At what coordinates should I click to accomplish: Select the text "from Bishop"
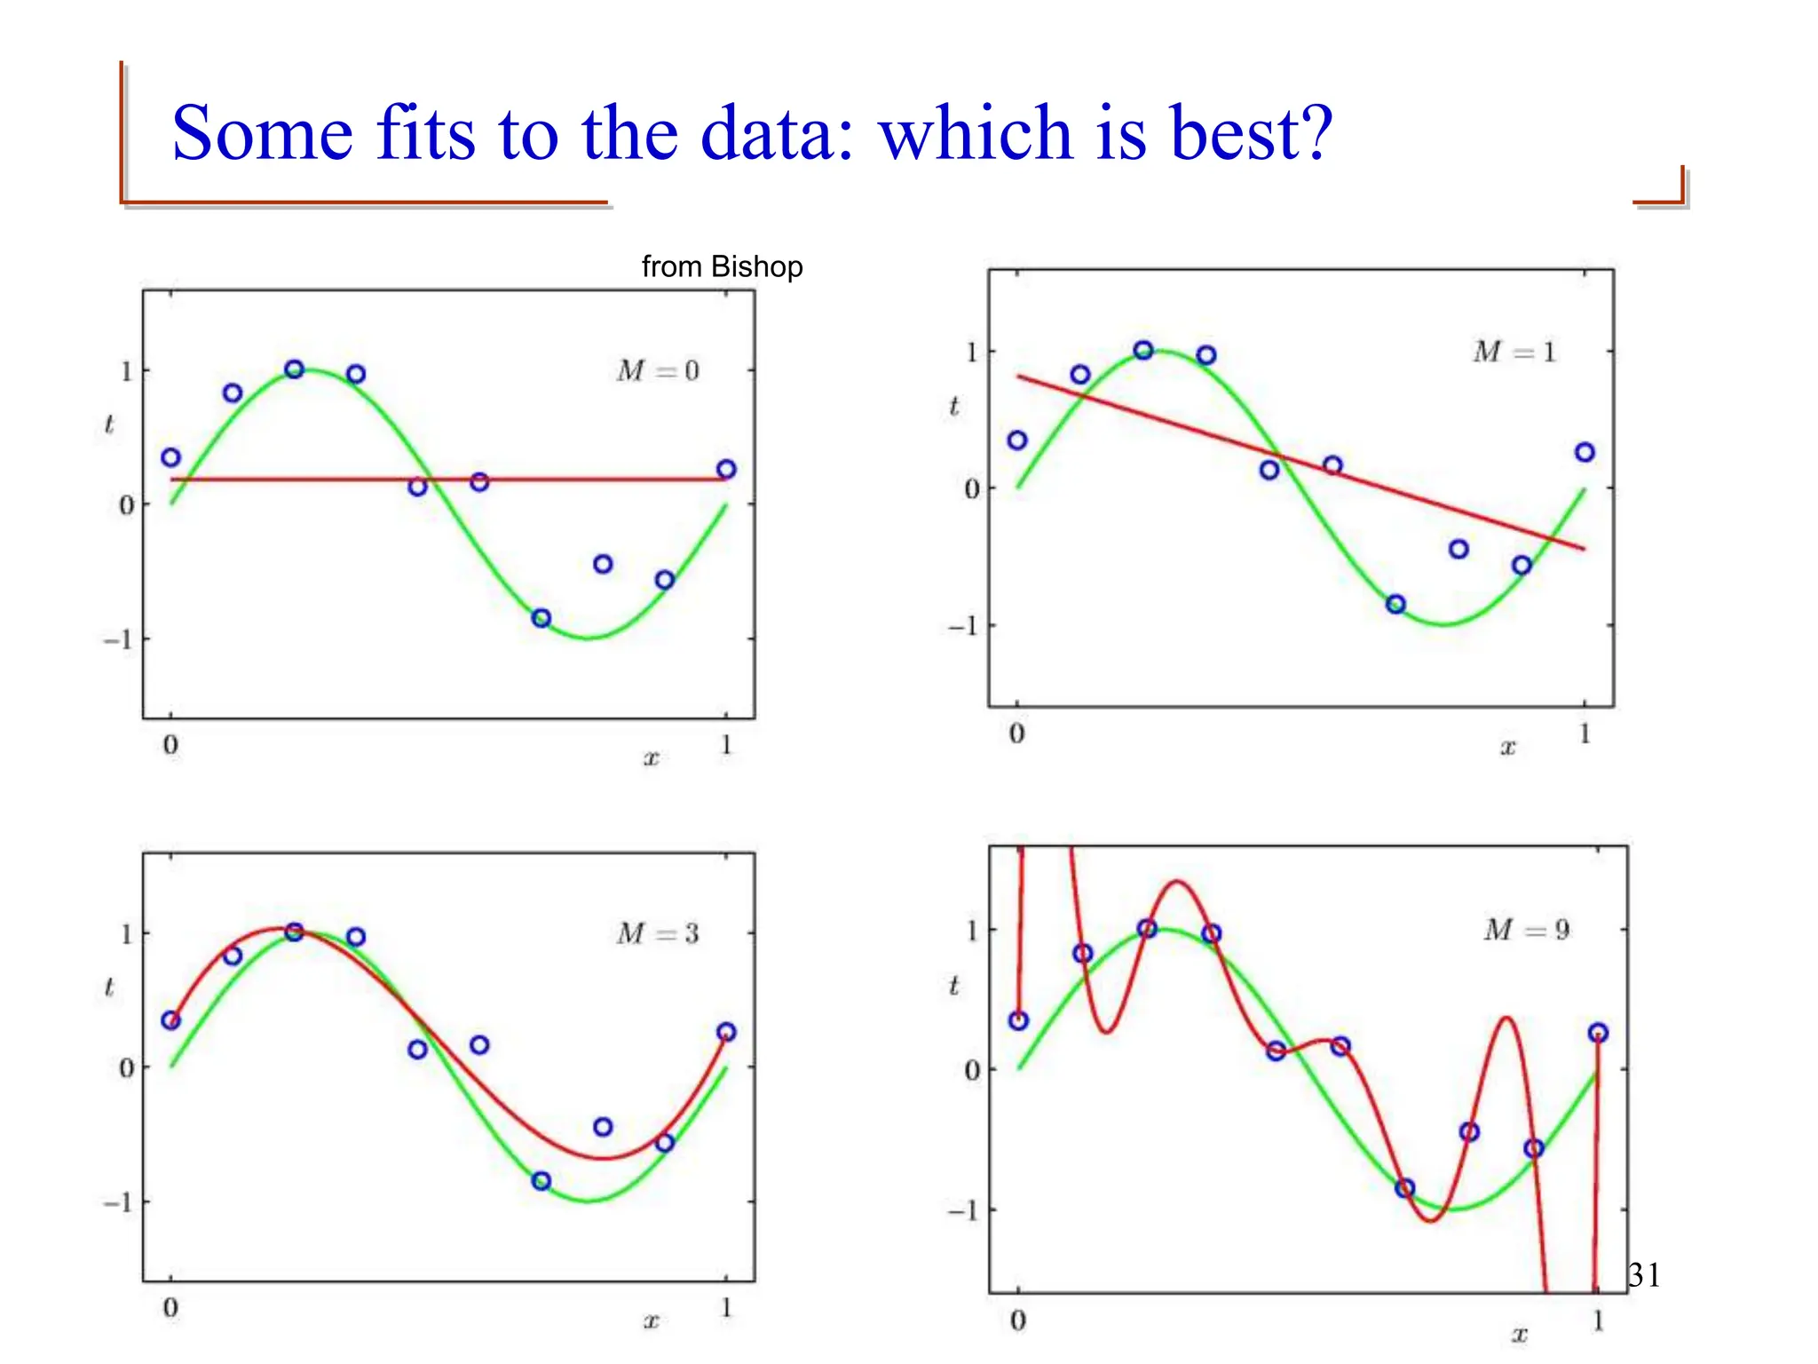coord(722,266)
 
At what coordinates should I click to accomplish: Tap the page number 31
coord(1644,1275)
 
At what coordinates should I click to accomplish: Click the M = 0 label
coord(658,370)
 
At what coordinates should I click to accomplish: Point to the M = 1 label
coord(1514,353)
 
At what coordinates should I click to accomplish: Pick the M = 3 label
coord(658,933)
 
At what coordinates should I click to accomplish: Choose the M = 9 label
coord(1526,930)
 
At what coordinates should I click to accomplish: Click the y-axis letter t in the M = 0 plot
coord(109,424)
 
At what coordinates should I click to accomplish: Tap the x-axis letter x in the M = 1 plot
coord(1507,748)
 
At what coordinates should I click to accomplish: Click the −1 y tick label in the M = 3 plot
coord(118,1202)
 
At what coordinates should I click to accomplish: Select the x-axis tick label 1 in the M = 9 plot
coord(1598,1321)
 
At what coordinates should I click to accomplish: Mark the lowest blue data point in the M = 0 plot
coord(541,618)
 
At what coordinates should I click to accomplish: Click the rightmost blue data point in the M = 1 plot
coord(1585,453)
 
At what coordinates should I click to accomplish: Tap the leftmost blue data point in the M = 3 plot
coord(171,1020)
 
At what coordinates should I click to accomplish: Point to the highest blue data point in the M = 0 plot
coord(295,369)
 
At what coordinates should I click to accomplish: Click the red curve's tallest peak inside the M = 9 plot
coord(1177,881)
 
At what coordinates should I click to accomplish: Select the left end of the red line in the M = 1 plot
coord(1019,377)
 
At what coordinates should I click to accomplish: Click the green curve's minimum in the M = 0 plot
coord(588,638)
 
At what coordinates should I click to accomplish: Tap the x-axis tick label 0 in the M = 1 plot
coord(1017,734)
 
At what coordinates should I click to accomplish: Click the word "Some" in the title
coord(263,133)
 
